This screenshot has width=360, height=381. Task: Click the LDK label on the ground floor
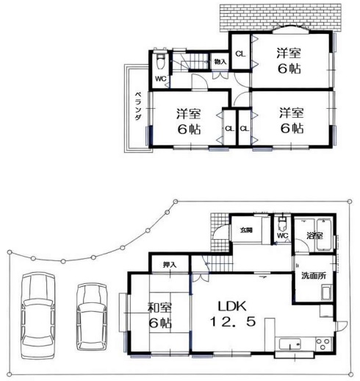click(232, 306)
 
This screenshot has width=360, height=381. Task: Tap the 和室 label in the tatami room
click(160, 308)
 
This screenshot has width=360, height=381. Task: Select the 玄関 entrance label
click(246, 230)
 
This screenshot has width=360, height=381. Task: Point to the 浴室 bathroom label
click(315, 235)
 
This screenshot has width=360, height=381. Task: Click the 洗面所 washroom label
click(314, 276)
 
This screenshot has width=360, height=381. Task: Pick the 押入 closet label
click(170, 265)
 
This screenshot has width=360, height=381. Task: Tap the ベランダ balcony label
click(138, 106)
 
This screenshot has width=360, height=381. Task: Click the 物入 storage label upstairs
click(220, 62)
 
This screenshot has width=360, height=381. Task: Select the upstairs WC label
click(161, 79)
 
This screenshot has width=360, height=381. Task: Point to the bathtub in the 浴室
click(324, 235)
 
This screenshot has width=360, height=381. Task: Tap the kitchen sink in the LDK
click(290, 345)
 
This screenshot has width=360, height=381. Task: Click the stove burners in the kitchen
click(323, 344)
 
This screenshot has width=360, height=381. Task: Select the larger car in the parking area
click(37, 316)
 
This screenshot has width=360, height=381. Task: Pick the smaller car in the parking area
click(92, 317)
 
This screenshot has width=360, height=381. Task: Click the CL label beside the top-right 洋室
click(240, 54)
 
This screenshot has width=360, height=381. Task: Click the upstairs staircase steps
click(196, 61)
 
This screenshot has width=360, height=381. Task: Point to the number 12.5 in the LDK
click(233, 322)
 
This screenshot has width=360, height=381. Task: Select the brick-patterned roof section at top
click(281, 17)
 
